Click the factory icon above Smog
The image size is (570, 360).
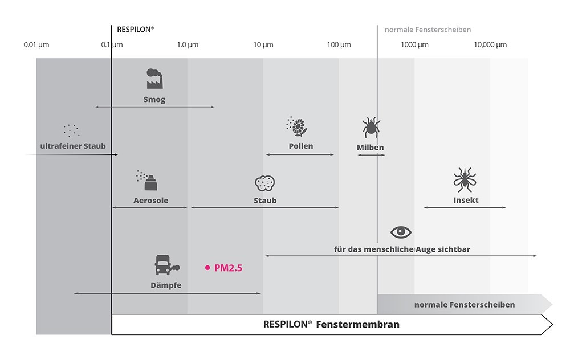[154, 79]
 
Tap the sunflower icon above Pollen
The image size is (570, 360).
[296, 126]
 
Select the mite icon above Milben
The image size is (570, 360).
[371, 127]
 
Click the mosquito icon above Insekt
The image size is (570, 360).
[465, 180]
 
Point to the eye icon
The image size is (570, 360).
[401, 232]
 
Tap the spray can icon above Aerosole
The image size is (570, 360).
[147, 180]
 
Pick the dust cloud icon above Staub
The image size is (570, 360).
[264, 183]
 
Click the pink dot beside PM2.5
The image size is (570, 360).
[207, 268]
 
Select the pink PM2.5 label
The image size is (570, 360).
[229, 268]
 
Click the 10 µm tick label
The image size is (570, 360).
[263, 44]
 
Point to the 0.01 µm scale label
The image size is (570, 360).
[36, 44]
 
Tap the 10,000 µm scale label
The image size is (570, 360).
[490, 44]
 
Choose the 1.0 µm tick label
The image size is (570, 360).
[188, 44]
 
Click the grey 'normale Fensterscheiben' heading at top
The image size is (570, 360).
[427, 30]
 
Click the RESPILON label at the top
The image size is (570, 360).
[135, 30]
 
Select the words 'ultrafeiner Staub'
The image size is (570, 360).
[73, 146]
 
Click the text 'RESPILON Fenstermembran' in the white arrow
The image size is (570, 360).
[331, 324]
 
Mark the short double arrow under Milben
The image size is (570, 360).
[371, 155]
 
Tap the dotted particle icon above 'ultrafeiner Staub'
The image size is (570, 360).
[71, 131]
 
